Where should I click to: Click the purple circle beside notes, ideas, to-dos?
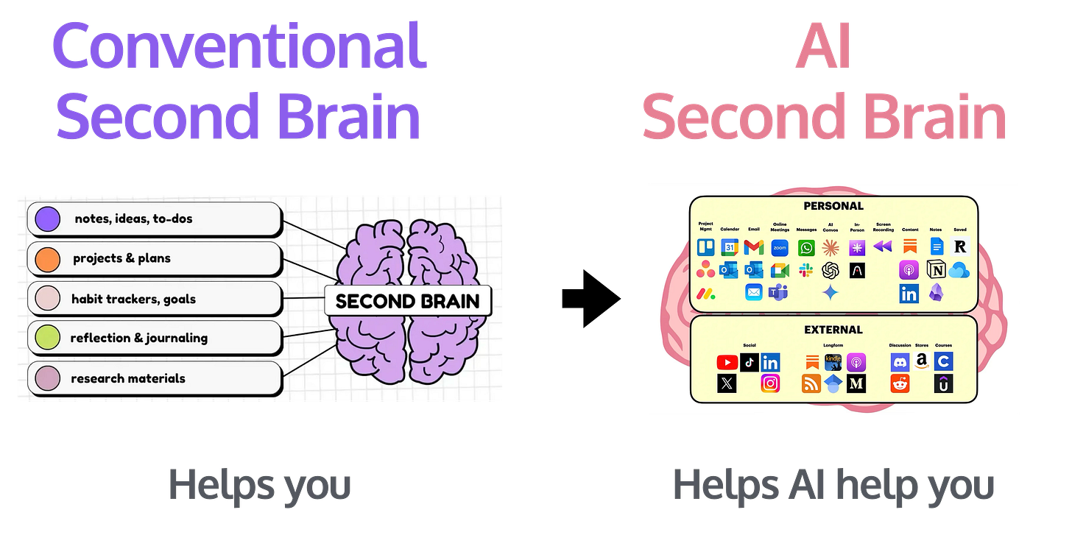(x=48, y=219)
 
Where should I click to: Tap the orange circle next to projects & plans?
(x=48, y=258)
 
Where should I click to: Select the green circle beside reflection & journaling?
(x=48, y=338)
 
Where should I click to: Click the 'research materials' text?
(x=128, y=378)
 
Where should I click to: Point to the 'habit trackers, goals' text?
(x=133, y=299)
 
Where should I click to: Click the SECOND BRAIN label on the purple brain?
(x=407, y=300)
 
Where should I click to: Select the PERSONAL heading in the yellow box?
(x=833, y=206)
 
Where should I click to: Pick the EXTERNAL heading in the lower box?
(x=833, y=330)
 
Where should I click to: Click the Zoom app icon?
(x=780, y=247)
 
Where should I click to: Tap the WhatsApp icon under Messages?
(x=807, y=247)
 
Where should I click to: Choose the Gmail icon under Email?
(x=753, y=247)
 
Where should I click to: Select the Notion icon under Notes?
(x=937, y=270)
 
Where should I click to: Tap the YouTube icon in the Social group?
(x=727, y=362)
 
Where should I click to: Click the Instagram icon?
(x=770, y=383)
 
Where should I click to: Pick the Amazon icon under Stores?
(x=921, y=361)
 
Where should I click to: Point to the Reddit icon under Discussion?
(x=900, y=383)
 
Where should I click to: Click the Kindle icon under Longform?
(x=833, y=362)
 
